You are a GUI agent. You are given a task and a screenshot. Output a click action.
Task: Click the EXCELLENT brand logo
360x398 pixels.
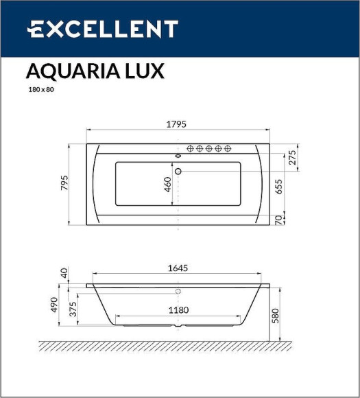point(102,29)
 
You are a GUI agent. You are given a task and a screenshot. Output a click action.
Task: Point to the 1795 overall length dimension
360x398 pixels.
point(178,124)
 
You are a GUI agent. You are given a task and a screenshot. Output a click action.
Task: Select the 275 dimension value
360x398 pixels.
point(292,157)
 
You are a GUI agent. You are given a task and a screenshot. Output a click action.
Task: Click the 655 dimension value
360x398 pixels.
point(279,186)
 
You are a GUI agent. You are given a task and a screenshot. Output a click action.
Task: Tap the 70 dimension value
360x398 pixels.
point(279,220)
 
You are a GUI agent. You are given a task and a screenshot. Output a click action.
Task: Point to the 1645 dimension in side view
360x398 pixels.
point(178,269)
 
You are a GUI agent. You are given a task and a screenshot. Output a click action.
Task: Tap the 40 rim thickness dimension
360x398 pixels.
point(64,274)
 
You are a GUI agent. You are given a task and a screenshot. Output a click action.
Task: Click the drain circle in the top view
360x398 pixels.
point(178,171)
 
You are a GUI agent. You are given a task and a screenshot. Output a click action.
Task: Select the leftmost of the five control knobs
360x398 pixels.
point(191,148)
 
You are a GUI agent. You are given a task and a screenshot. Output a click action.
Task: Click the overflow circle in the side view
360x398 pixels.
point(178,292)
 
